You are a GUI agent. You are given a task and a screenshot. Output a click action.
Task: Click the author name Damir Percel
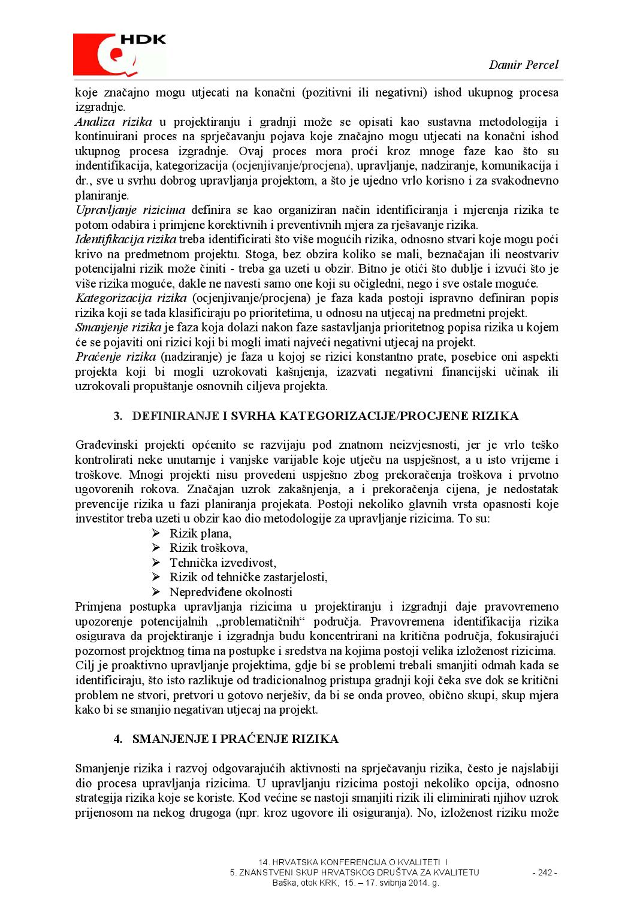coord(523,65)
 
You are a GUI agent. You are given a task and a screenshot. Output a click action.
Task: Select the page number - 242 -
coord(545,872)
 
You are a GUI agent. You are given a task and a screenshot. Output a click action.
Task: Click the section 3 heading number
coord(118,416)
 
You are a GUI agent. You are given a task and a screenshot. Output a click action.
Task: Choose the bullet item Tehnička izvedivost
coord(222,563)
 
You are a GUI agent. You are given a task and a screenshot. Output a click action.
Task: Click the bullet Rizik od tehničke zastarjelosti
coord(248,577)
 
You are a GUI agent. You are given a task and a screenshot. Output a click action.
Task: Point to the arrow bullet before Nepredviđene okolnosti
coord(156,592)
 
